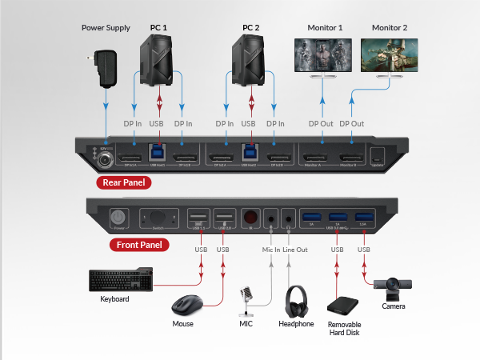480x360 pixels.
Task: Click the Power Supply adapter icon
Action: (103, 65)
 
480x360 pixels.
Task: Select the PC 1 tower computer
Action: (158, 60)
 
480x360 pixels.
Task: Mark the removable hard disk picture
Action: (343, 306)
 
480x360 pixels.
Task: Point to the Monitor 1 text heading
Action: (325, 28)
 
